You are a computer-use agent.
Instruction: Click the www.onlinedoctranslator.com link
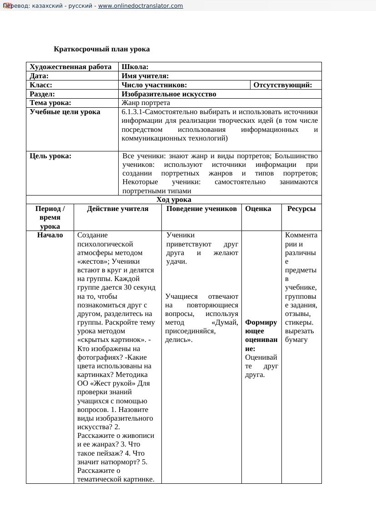pyautogui.click(x=140, y=6)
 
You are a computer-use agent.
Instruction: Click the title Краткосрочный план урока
pyautogui.click(x=101, y=49)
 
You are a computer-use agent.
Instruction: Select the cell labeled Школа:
pyautogui.click(x=135, y=67)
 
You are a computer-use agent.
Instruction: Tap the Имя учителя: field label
pyautogui.click(x=145, y=76)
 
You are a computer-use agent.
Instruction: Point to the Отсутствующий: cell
pyautogui.click(x=282, y=85)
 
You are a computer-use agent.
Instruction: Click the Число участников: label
pyautogui.click(x=154, y=85)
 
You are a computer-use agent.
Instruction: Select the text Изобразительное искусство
pyautogui.click(x=169, y=94)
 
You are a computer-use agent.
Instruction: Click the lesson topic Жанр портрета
pyautogui.click(x=145, y=103)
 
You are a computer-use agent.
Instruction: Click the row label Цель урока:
pyautogui.click(x=50, y=156)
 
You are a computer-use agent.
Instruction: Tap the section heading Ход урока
pyautogui.click(x=174, y=200)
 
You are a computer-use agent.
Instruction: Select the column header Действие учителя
pyautogui.click(x=117, y=209)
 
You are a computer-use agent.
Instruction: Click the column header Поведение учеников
pyautogui.click(x=201, y=209)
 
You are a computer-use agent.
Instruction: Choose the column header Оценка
pyautogui.click(x=258, y=209)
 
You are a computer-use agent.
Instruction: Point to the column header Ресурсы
pyautogui.click(x=301, y=209)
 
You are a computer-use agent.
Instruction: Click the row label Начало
pyautogui.click(x=50, y=235)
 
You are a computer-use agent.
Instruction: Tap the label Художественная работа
pyautogui.click(x=70, y=67)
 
